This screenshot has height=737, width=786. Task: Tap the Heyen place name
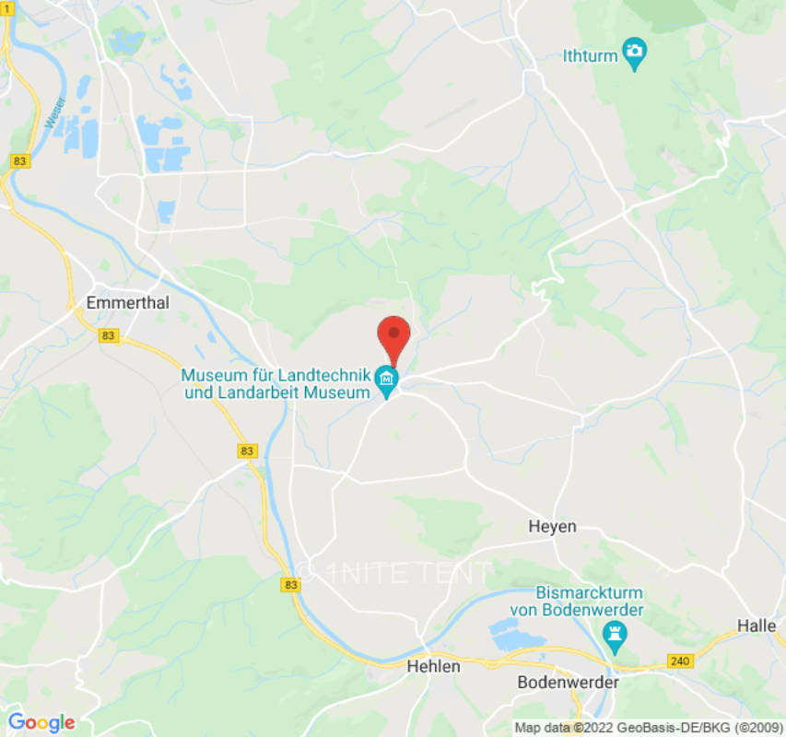(552, 526)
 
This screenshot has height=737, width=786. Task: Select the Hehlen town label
(433, 665)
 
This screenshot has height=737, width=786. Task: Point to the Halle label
(757, 626)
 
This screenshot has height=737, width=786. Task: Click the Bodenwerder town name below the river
(569, 683)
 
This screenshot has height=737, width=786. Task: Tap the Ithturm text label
(590, 56)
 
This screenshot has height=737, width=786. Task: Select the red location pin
(393, 337)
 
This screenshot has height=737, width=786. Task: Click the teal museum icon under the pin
(386, 379)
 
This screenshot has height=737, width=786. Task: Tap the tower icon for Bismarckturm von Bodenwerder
(614, 633)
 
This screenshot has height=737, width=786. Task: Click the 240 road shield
(679, 662)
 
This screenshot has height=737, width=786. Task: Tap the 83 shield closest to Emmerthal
(109, 336)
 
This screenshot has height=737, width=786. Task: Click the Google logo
(41, 722)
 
